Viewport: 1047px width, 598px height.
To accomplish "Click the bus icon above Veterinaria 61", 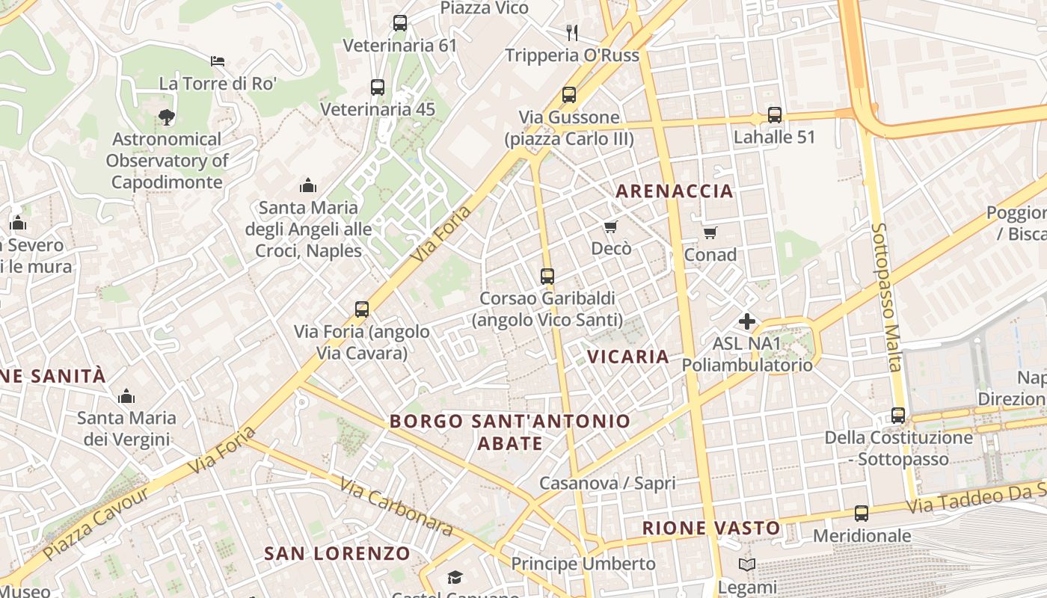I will tap(400, 23).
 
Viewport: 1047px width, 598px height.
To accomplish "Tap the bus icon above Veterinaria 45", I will tap(378, 87).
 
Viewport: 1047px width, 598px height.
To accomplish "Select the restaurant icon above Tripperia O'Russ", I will tap(572, 32).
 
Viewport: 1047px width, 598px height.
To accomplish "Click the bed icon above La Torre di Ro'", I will tap(218, 61).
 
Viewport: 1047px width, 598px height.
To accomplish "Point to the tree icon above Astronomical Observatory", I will tap(166, 117).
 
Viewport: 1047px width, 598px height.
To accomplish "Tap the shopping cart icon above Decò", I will tap(611, 226).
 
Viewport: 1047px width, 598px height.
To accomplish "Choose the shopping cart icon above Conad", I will tap(710, 232).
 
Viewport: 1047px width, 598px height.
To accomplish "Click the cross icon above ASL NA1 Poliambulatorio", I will tap(746, 321).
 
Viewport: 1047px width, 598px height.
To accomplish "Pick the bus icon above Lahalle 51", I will tap(775, 115).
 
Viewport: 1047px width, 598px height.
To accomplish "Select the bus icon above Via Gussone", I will tap(569, 95).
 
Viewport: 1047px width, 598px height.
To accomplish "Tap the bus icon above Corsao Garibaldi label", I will tap(547, 277).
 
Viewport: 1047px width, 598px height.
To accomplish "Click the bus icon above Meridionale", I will tap(862, 514).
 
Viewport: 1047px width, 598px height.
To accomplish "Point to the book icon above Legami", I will tap(746, 564).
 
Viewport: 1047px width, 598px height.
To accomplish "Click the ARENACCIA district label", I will tap(675, 191).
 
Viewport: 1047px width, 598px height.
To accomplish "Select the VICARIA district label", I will tap(628, 357).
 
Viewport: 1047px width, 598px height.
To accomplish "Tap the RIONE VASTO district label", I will tap(711, 528).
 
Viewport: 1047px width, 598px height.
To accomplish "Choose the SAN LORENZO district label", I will tap(337, 554).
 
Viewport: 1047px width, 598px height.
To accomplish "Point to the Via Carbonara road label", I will tap(396, 507).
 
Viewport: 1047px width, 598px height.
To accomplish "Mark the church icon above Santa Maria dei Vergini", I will tap(126, 395).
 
